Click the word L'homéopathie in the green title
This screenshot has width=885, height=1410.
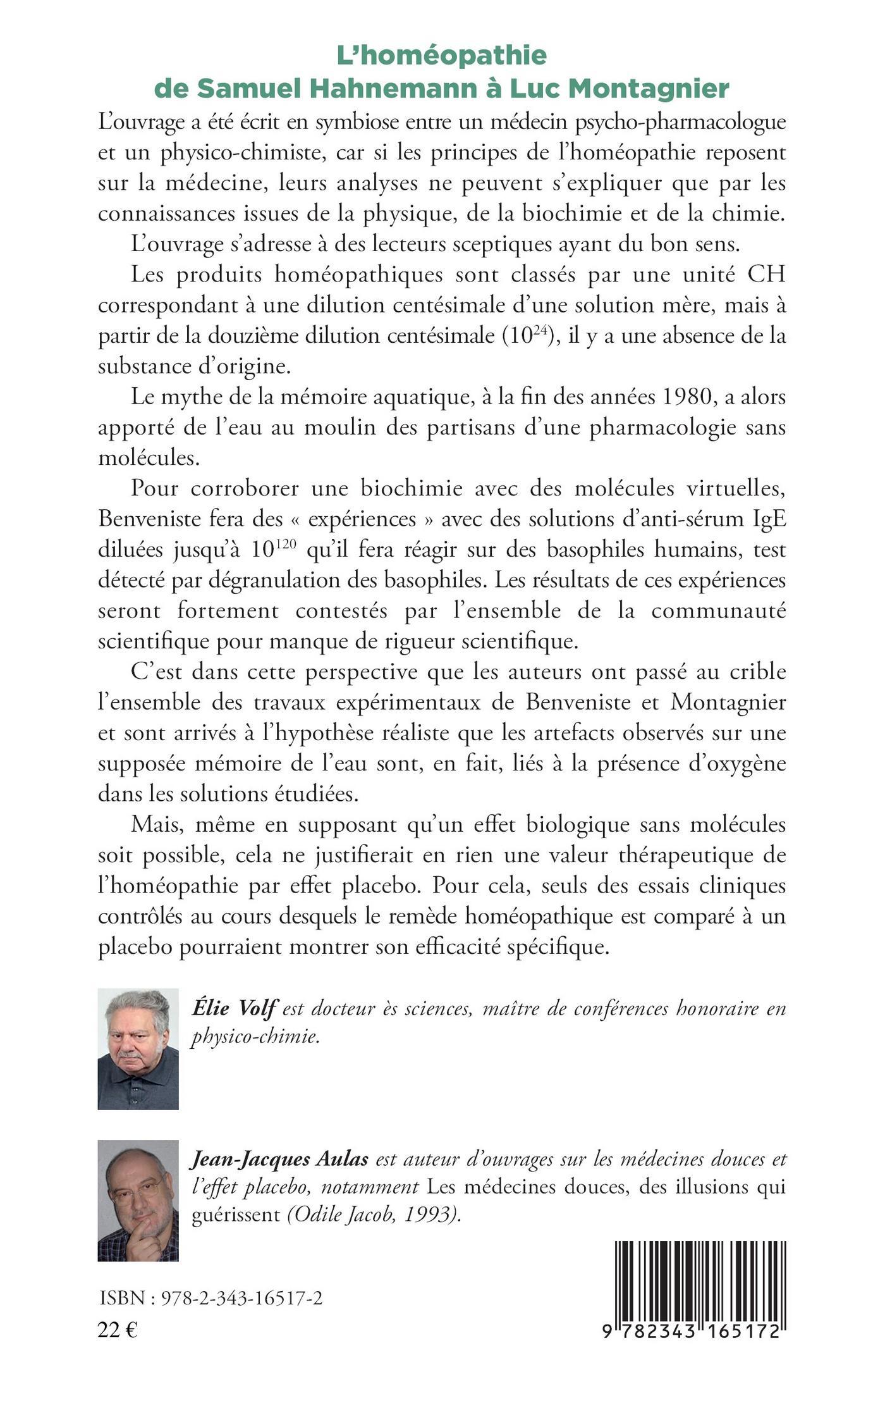(441, 56)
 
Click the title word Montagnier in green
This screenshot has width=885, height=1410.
(649, 89)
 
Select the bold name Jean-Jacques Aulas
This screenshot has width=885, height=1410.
(279, 1160)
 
